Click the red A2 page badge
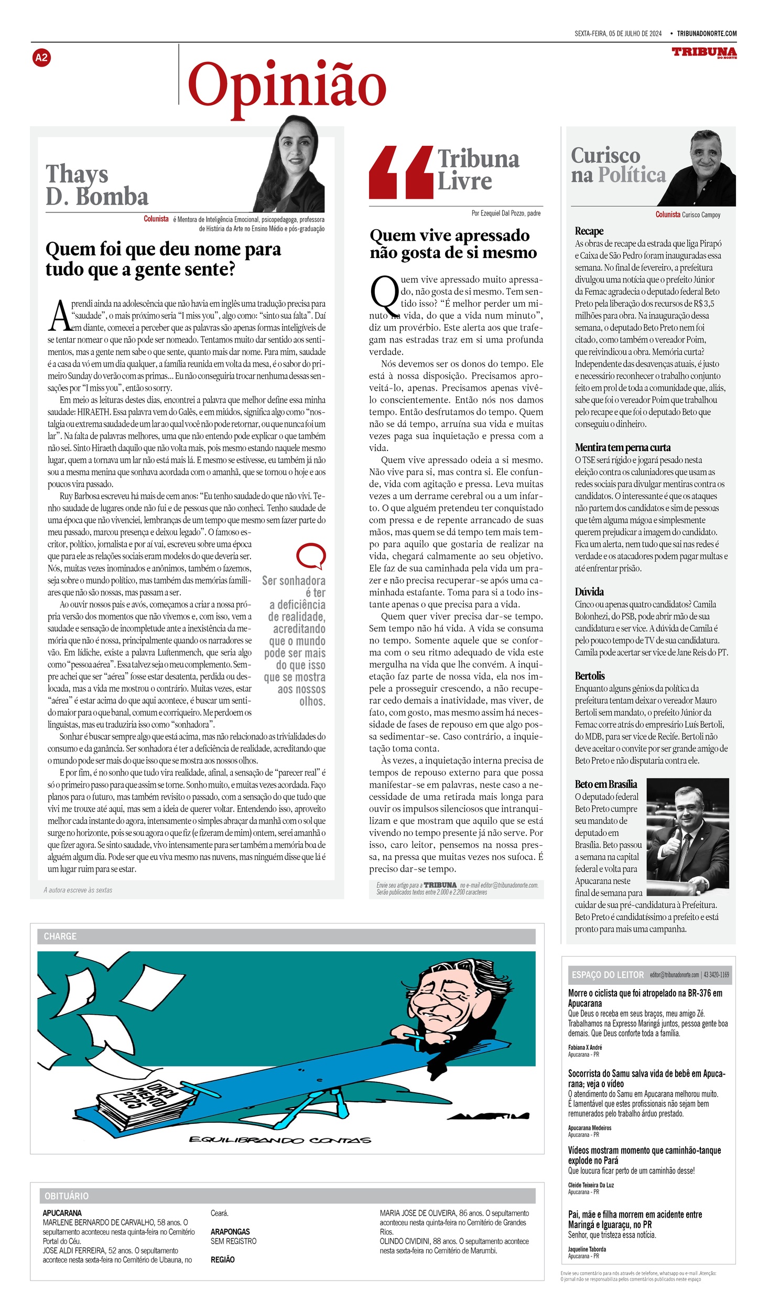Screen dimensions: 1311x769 [x=41, y=58]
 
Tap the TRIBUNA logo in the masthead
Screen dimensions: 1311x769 [x=704, y=52]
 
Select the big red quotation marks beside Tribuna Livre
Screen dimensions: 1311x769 [x=401, y=173]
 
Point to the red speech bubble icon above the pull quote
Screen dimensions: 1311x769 [x=311, y=556]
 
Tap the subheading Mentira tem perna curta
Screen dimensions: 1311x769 [x=622, y=447]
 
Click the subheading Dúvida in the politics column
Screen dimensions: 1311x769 [x=589, y=592]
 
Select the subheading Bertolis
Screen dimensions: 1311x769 [x=590, y=676]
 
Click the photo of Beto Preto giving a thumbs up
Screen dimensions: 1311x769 [x=687, y=836]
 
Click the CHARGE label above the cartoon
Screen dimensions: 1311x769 [x=60, y=936]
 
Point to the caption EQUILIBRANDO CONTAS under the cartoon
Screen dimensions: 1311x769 [x=279, y=1154]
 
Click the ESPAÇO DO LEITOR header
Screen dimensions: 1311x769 [x=607, y=975]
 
